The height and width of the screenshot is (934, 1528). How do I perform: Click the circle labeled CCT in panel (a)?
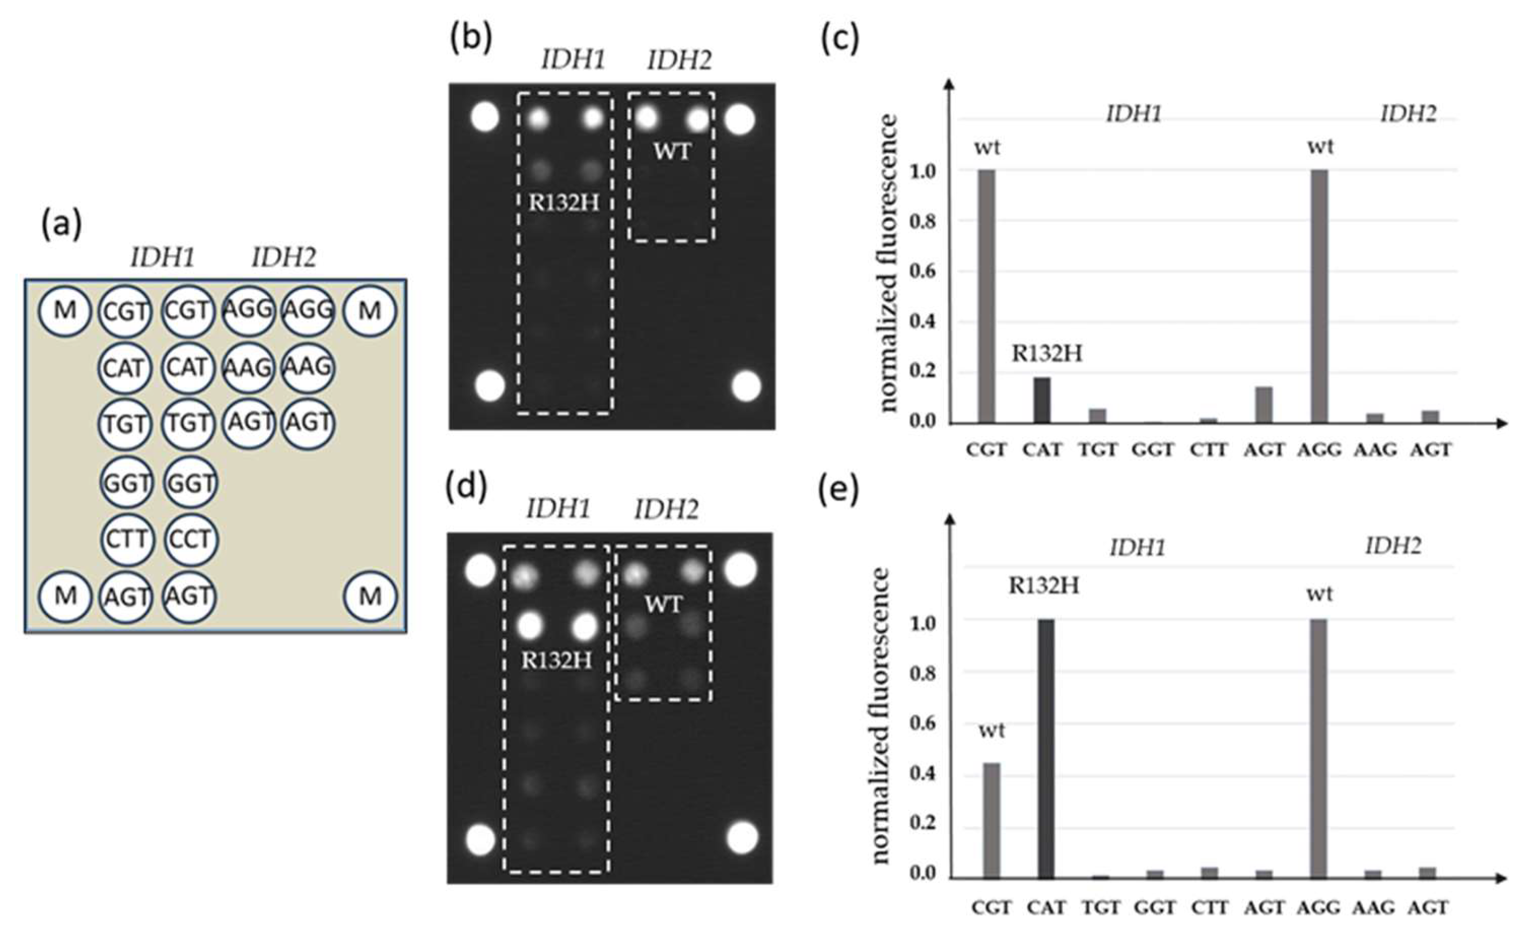tap(191, 539)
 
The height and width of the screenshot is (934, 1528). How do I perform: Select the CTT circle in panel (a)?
tap(126, 539)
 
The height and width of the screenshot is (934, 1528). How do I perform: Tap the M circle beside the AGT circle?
tap(65, 596)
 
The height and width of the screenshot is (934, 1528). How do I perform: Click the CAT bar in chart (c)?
tap(1042, 400)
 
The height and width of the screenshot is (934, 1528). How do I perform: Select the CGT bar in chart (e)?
tap(991, 821)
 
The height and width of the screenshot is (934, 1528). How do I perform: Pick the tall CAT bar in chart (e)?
tap(1045, 749)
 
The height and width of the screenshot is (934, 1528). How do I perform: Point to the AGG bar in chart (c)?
tap(1320, 296)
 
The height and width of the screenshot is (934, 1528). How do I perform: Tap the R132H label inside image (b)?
tap(563, 204)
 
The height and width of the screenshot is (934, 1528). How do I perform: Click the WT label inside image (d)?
tap(663, 604)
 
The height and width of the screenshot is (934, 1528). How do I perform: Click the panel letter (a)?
tap(62, 225)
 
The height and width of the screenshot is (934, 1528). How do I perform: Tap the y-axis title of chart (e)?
tap(881, 716)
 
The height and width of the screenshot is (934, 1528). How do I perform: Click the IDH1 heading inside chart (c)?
tap(1133, 114)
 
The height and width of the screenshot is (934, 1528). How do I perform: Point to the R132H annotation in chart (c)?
tap(1047, 354)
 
